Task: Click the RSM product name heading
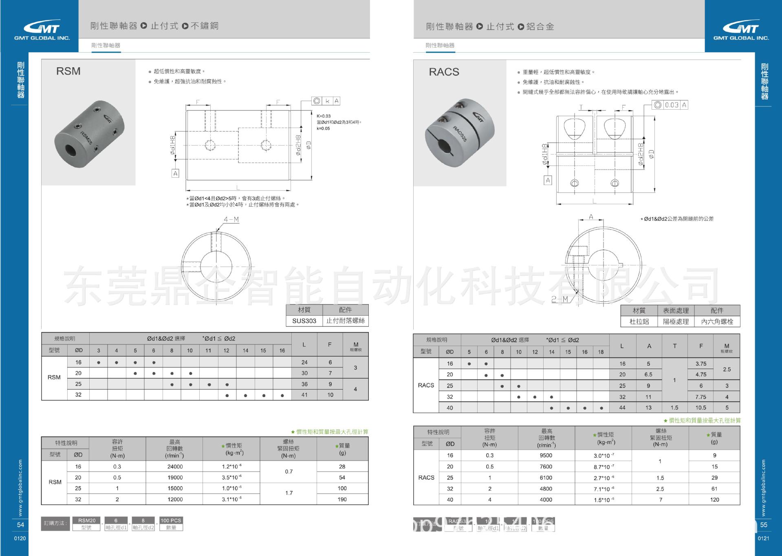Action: click(x=68, y=71)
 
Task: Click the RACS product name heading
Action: click(x=444, y=72)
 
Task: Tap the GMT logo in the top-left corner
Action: click(x=42, y=31)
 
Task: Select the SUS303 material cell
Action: click(x=304, y=321)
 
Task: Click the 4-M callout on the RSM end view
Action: click(x=231, y=220)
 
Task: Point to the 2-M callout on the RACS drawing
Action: click(x=560, y=299)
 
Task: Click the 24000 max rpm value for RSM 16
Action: click(x=175, y=467)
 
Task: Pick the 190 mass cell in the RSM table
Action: click(x=342, y=499)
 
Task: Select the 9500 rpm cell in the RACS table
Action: click(x=546, y=456)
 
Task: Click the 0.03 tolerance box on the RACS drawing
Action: click(x=671, y=105)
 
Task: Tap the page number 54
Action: click(x=20, y=525)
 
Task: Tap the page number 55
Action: click(x=764, y=525)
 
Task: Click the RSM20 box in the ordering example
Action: click(x=87, y=521)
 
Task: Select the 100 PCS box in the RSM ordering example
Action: click(x=171, y=521)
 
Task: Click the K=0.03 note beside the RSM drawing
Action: click(x=324, y=116)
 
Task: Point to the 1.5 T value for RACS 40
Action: click(x=674, y=408)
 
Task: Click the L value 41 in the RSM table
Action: click(x=304, y=395)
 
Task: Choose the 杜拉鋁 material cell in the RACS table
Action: click(x=639, y=322)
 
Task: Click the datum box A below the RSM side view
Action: click(x=175, y=174)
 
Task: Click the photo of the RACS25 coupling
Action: click(x=460, y=130)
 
